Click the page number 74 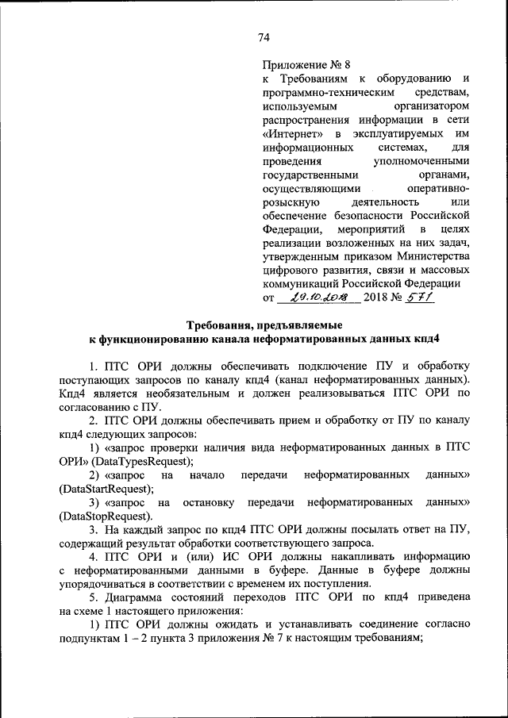pos(264,37)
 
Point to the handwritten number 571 pos(418,298)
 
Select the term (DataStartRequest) pos(107,489)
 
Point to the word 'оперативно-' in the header pos(439,188)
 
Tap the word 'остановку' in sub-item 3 pos(214,503)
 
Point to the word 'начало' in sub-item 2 pos(208,475)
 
